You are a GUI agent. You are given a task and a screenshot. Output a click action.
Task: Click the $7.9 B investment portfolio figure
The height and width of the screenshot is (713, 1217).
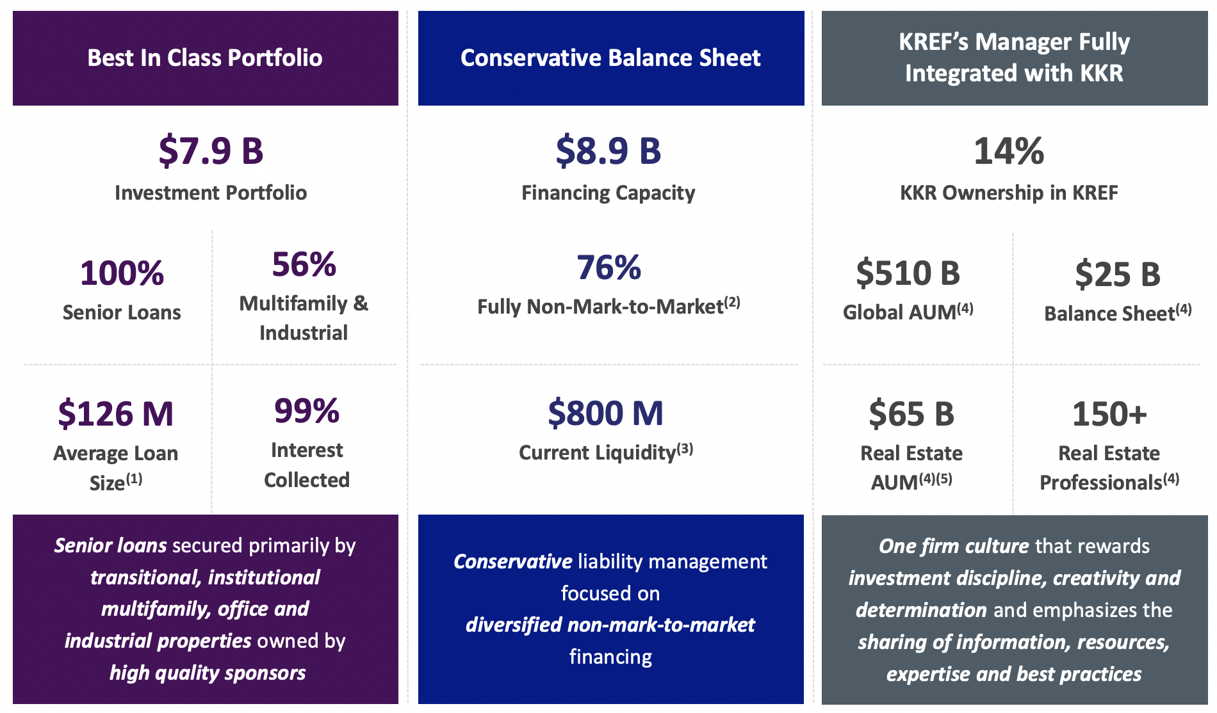coord(211,151)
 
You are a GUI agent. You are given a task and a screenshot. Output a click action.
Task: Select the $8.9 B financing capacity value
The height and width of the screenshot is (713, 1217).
coord(608,151)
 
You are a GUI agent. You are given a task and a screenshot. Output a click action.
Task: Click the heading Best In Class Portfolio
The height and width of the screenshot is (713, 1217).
coord(205,58)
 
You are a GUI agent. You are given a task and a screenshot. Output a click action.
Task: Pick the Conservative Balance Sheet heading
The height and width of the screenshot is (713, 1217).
coord(610,58)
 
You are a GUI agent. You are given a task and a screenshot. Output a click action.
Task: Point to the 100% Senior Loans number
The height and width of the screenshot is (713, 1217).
coord(122,273)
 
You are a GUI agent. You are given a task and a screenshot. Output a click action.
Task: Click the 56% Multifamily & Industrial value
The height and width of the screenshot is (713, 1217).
coord(304,264)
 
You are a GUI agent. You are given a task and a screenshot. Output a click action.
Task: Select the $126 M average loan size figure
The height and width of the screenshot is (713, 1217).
coord(116,413)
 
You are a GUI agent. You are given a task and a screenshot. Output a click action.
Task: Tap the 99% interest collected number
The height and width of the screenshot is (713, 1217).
coord(306,411)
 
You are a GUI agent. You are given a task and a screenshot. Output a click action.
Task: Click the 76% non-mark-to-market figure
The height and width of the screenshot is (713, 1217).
coord(608,268)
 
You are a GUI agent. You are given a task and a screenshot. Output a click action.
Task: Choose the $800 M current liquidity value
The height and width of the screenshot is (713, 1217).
coord(605,413)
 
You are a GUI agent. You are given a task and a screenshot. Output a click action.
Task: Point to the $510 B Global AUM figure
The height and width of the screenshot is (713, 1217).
coord(908,273)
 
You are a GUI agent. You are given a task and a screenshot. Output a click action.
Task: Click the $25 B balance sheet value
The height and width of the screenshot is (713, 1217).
coord(1117,274)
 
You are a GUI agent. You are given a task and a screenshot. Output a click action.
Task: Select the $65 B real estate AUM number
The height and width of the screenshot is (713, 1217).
coord(911,413)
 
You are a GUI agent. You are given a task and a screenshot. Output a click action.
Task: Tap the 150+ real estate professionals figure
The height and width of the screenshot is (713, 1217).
coord(1109,413)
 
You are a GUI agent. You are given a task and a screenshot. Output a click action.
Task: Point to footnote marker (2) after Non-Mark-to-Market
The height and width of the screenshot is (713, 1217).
coord(732,302)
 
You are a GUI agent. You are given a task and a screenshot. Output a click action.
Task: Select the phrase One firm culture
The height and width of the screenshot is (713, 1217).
coord(953,546)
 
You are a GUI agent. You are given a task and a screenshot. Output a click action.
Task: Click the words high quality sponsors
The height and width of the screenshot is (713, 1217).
coord(208,673)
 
